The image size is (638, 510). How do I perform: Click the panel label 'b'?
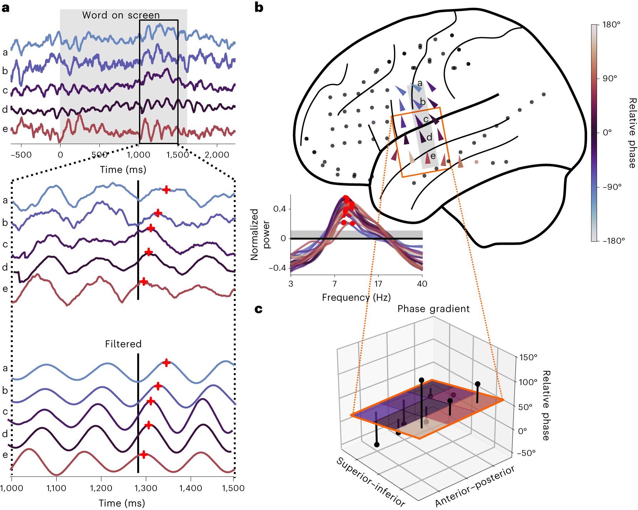[x=259, y=7]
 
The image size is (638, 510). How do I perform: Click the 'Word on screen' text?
[x=121, y=15]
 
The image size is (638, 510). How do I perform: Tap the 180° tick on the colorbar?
[x=611, y=25]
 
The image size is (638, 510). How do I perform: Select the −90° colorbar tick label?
[x=612, y=187]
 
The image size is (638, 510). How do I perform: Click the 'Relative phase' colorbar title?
[x=632, y=133]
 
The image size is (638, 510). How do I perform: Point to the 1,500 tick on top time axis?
[x=177, y=155]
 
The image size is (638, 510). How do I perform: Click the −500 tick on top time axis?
[x=21, y=155]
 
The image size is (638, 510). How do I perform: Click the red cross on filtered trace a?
[x=166, y=363]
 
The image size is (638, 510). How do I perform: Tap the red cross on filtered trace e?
[x=143, y=454]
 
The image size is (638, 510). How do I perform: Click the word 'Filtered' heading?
[x=123, y=344]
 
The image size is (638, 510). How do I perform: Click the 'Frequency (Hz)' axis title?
[x=356, y=297]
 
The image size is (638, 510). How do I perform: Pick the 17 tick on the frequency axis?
[x=378, y=284]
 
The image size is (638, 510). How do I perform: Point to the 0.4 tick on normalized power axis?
[x=279, y=209]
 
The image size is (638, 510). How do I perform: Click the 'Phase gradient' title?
[x=433, y=309]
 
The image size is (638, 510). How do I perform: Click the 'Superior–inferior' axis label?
[x=371, y=482]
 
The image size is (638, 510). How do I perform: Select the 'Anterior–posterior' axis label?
[x=475, y=486]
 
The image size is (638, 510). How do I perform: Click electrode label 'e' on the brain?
[x=433, y=156]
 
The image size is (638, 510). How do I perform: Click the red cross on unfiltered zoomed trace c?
[x=151, y=228]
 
